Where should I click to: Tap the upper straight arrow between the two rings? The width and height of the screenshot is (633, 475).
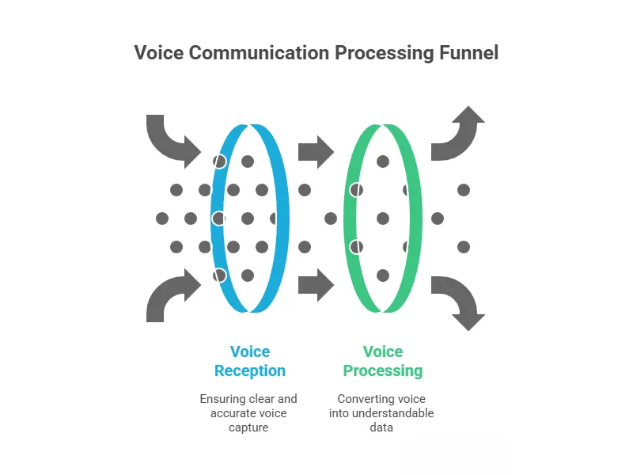point(316,151)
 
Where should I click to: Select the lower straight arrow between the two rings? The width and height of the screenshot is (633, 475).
point(316,284)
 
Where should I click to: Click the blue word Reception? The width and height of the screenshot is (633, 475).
point(250,370)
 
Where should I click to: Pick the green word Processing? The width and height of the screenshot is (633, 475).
point(383,370)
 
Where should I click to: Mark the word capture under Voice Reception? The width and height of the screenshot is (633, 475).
point(250,427)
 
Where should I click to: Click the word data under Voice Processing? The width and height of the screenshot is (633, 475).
point(383,427)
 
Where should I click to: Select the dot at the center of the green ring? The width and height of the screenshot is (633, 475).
point(383,218)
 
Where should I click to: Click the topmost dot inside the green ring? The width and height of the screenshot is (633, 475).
point(383,161)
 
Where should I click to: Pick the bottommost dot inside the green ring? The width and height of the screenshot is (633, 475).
point(383,275)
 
